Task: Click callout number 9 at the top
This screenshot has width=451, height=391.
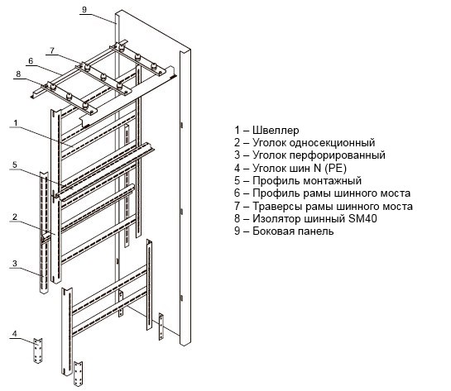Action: (x=84, y=9)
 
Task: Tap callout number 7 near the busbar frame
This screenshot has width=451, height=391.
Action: (x=52, y=50)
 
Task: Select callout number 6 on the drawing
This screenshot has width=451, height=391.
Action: (x=31, y=61)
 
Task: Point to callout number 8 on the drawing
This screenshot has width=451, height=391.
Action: (x=18, y=74)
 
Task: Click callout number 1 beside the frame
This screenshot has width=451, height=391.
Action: (x=16, y=122)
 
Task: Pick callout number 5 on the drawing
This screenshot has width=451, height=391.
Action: (x=15, y=165)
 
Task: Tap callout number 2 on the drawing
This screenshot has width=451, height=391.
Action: (x=15, y=217)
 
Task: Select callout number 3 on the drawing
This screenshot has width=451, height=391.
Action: (x=15, y=263)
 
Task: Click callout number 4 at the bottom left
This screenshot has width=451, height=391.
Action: (x=15, y=333)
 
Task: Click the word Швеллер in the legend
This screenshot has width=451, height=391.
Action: (x=276, y=130)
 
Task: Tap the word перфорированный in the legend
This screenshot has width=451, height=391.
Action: (x=337, y=155)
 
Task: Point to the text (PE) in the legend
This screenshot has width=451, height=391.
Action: (x=336, y=168)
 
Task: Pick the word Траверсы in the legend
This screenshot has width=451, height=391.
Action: (x=276, y=207)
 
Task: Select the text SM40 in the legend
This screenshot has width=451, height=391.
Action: (x=362, y=218)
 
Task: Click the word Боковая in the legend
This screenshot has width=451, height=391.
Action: (x=274, y=231)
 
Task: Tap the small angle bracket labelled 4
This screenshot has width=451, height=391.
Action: (x=38, y=350)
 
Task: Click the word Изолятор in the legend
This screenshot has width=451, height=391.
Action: (x=277, y=218)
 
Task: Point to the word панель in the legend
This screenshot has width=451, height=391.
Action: (x=316, y=231)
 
